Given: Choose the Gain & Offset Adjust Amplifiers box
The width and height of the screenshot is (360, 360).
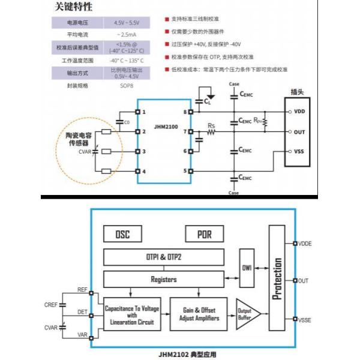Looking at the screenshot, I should (199, 313).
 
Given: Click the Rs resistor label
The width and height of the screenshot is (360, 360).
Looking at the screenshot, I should (211, 125).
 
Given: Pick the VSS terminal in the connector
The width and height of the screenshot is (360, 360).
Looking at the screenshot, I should (299, 152).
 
